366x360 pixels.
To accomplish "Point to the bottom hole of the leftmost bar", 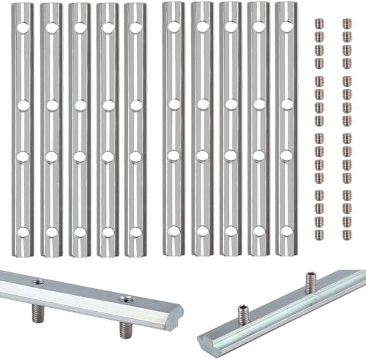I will (24, 232).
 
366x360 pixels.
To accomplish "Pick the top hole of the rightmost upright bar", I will (283, 29).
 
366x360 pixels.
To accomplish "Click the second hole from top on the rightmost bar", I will (283, 104).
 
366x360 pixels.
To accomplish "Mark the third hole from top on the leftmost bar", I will (24, 155).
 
